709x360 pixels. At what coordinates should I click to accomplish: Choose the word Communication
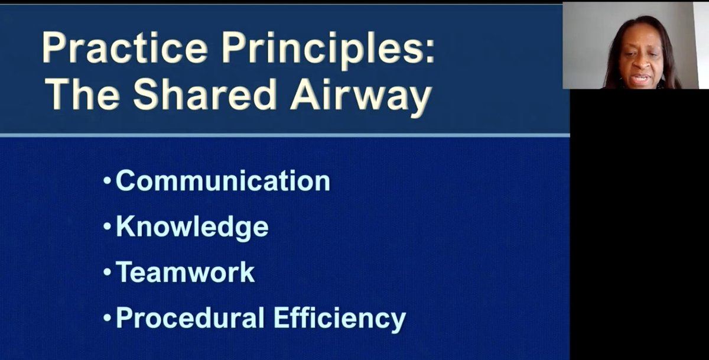[x=223, y=181]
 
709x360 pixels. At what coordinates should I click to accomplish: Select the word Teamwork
[x=185, y=272]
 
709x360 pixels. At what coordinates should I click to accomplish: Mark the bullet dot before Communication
[x=107, y=181]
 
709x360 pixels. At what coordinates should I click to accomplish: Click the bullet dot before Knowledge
[x=107, y=226]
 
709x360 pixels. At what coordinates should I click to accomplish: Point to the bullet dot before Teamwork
[x=107, y=272]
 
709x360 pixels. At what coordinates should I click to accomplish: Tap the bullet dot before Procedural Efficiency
[x=107, y=318]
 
